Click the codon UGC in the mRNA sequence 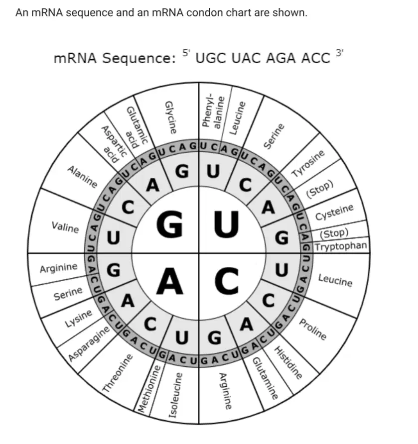211,58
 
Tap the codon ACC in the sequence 315,58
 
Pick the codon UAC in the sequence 246,58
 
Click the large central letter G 170,224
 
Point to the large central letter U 226,224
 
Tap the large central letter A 170,281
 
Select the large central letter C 227,281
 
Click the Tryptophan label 341,246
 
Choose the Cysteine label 335,212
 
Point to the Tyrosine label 308,163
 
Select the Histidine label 288,362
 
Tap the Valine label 65,227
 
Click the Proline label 313,329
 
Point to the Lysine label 79,318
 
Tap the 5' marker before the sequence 186,52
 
